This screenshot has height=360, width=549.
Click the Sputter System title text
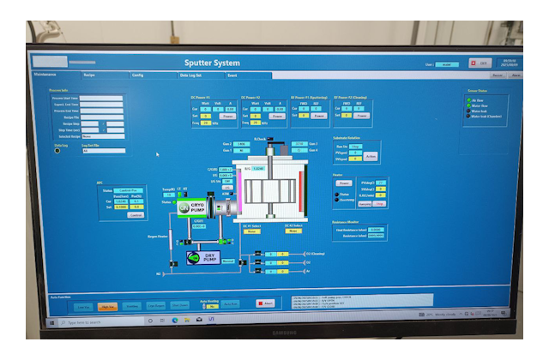213,63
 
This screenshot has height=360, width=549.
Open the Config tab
137,75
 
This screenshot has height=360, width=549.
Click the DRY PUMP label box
208,256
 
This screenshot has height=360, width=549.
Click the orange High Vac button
108,305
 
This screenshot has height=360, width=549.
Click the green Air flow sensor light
468,99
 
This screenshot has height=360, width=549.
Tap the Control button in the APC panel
136,214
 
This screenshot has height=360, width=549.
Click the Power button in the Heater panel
343,183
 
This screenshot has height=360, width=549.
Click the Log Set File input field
103,151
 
